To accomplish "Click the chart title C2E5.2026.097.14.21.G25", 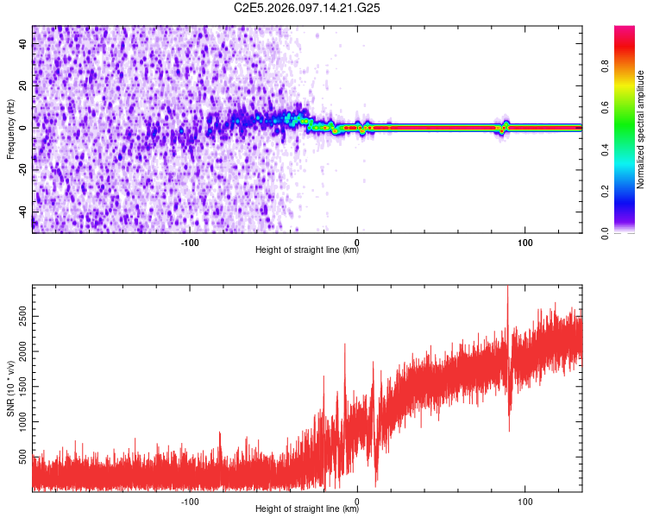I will point(308,8).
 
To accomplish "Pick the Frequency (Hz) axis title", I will point(10,129).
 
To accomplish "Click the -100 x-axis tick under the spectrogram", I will point(191,243).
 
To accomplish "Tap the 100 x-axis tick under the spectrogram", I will point(525,243).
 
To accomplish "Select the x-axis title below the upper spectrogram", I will point(307,251).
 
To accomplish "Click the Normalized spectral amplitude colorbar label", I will point(641,129).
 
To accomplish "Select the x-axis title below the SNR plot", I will point(307,509).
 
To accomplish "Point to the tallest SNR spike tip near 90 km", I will point(507,287).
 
